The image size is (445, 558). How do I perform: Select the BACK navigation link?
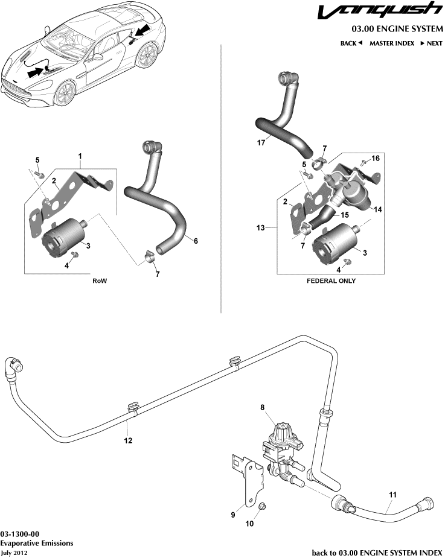point(351,43)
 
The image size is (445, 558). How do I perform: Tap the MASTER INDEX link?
point(392,43)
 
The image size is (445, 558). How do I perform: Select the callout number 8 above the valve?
point(263,408)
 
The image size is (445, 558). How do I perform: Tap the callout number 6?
point(196,240)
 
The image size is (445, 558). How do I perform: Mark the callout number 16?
point(376,158)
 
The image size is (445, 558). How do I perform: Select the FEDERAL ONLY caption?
point(331,281)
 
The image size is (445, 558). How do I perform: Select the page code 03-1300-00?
point(20,534)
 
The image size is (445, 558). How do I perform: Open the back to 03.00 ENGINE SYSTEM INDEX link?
point(377,552)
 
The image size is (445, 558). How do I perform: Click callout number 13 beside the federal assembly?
point(259,229)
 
